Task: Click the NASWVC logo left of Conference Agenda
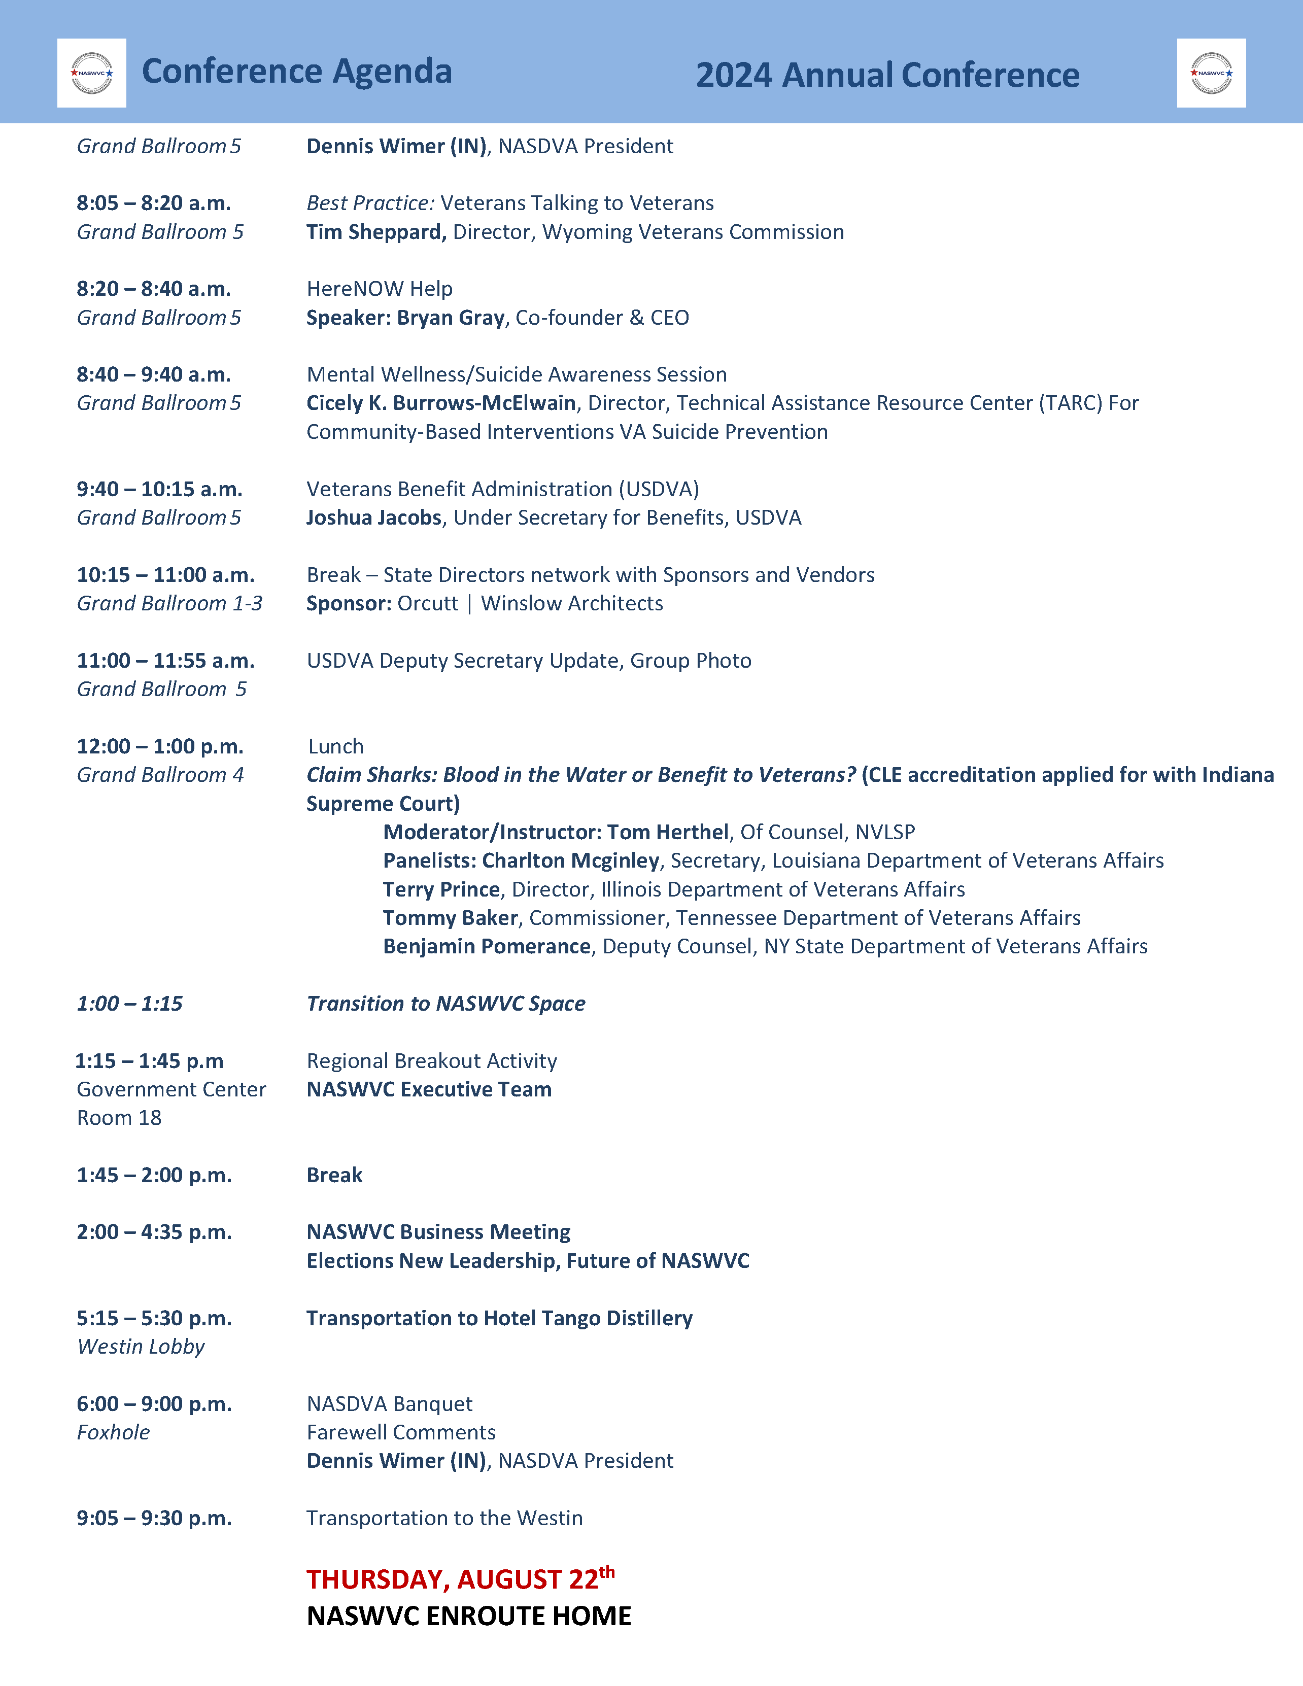pos(91,74)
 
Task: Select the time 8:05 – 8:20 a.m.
pos(154,203)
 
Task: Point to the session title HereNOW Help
pos(379,289)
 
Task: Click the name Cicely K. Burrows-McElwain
pos(441,403)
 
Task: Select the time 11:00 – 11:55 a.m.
pos(165,661)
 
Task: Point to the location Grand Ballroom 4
pos(160,775)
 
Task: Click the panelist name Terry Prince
pos(441,889)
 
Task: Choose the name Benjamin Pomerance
pos(486,946)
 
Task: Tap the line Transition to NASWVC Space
pos(445,1004)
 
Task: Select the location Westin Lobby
pos(141,1347)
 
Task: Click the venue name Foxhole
pos(113,1433)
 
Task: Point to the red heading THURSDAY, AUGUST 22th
pos(460,1579)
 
